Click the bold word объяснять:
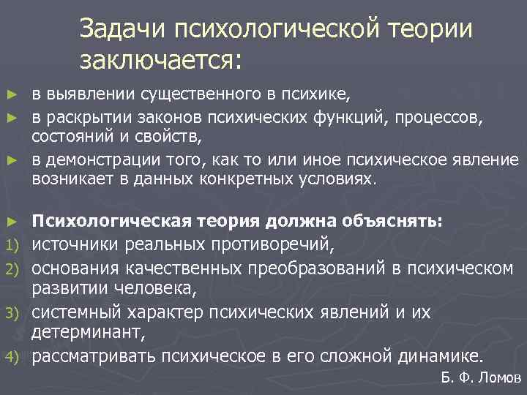tap(401, 222)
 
